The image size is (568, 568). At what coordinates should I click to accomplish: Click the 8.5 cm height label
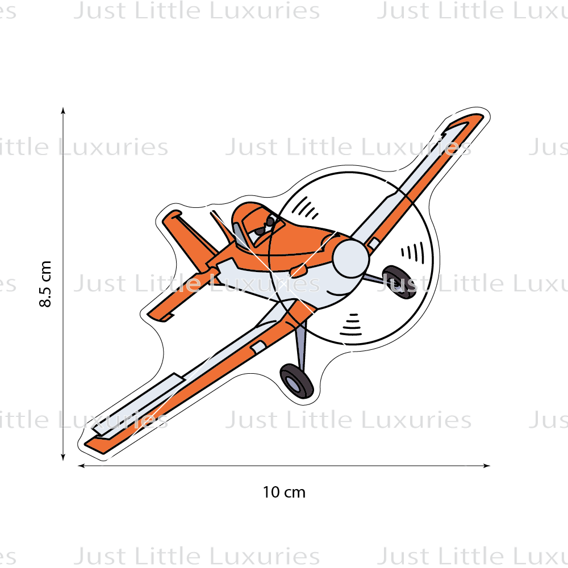point(45,283)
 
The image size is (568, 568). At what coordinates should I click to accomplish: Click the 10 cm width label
point(284,492)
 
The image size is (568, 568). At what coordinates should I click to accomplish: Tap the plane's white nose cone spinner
point(350,258)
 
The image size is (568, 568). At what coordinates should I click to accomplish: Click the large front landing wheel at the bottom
point(296,381)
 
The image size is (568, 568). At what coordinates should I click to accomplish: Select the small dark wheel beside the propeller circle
point(399,282)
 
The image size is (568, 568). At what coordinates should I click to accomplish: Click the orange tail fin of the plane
point(190,239)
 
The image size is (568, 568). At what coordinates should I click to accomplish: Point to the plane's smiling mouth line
point(337,294)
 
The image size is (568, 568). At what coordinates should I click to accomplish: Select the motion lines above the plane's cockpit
point(305,208)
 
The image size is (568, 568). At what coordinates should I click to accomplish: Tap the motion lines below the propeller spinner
point(350,325)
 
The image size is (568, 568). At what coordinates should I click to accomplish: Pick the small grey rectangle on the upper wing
point(374,243)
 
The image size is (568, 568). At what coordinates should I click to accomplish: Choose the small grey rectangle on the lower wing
point(258,347)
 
